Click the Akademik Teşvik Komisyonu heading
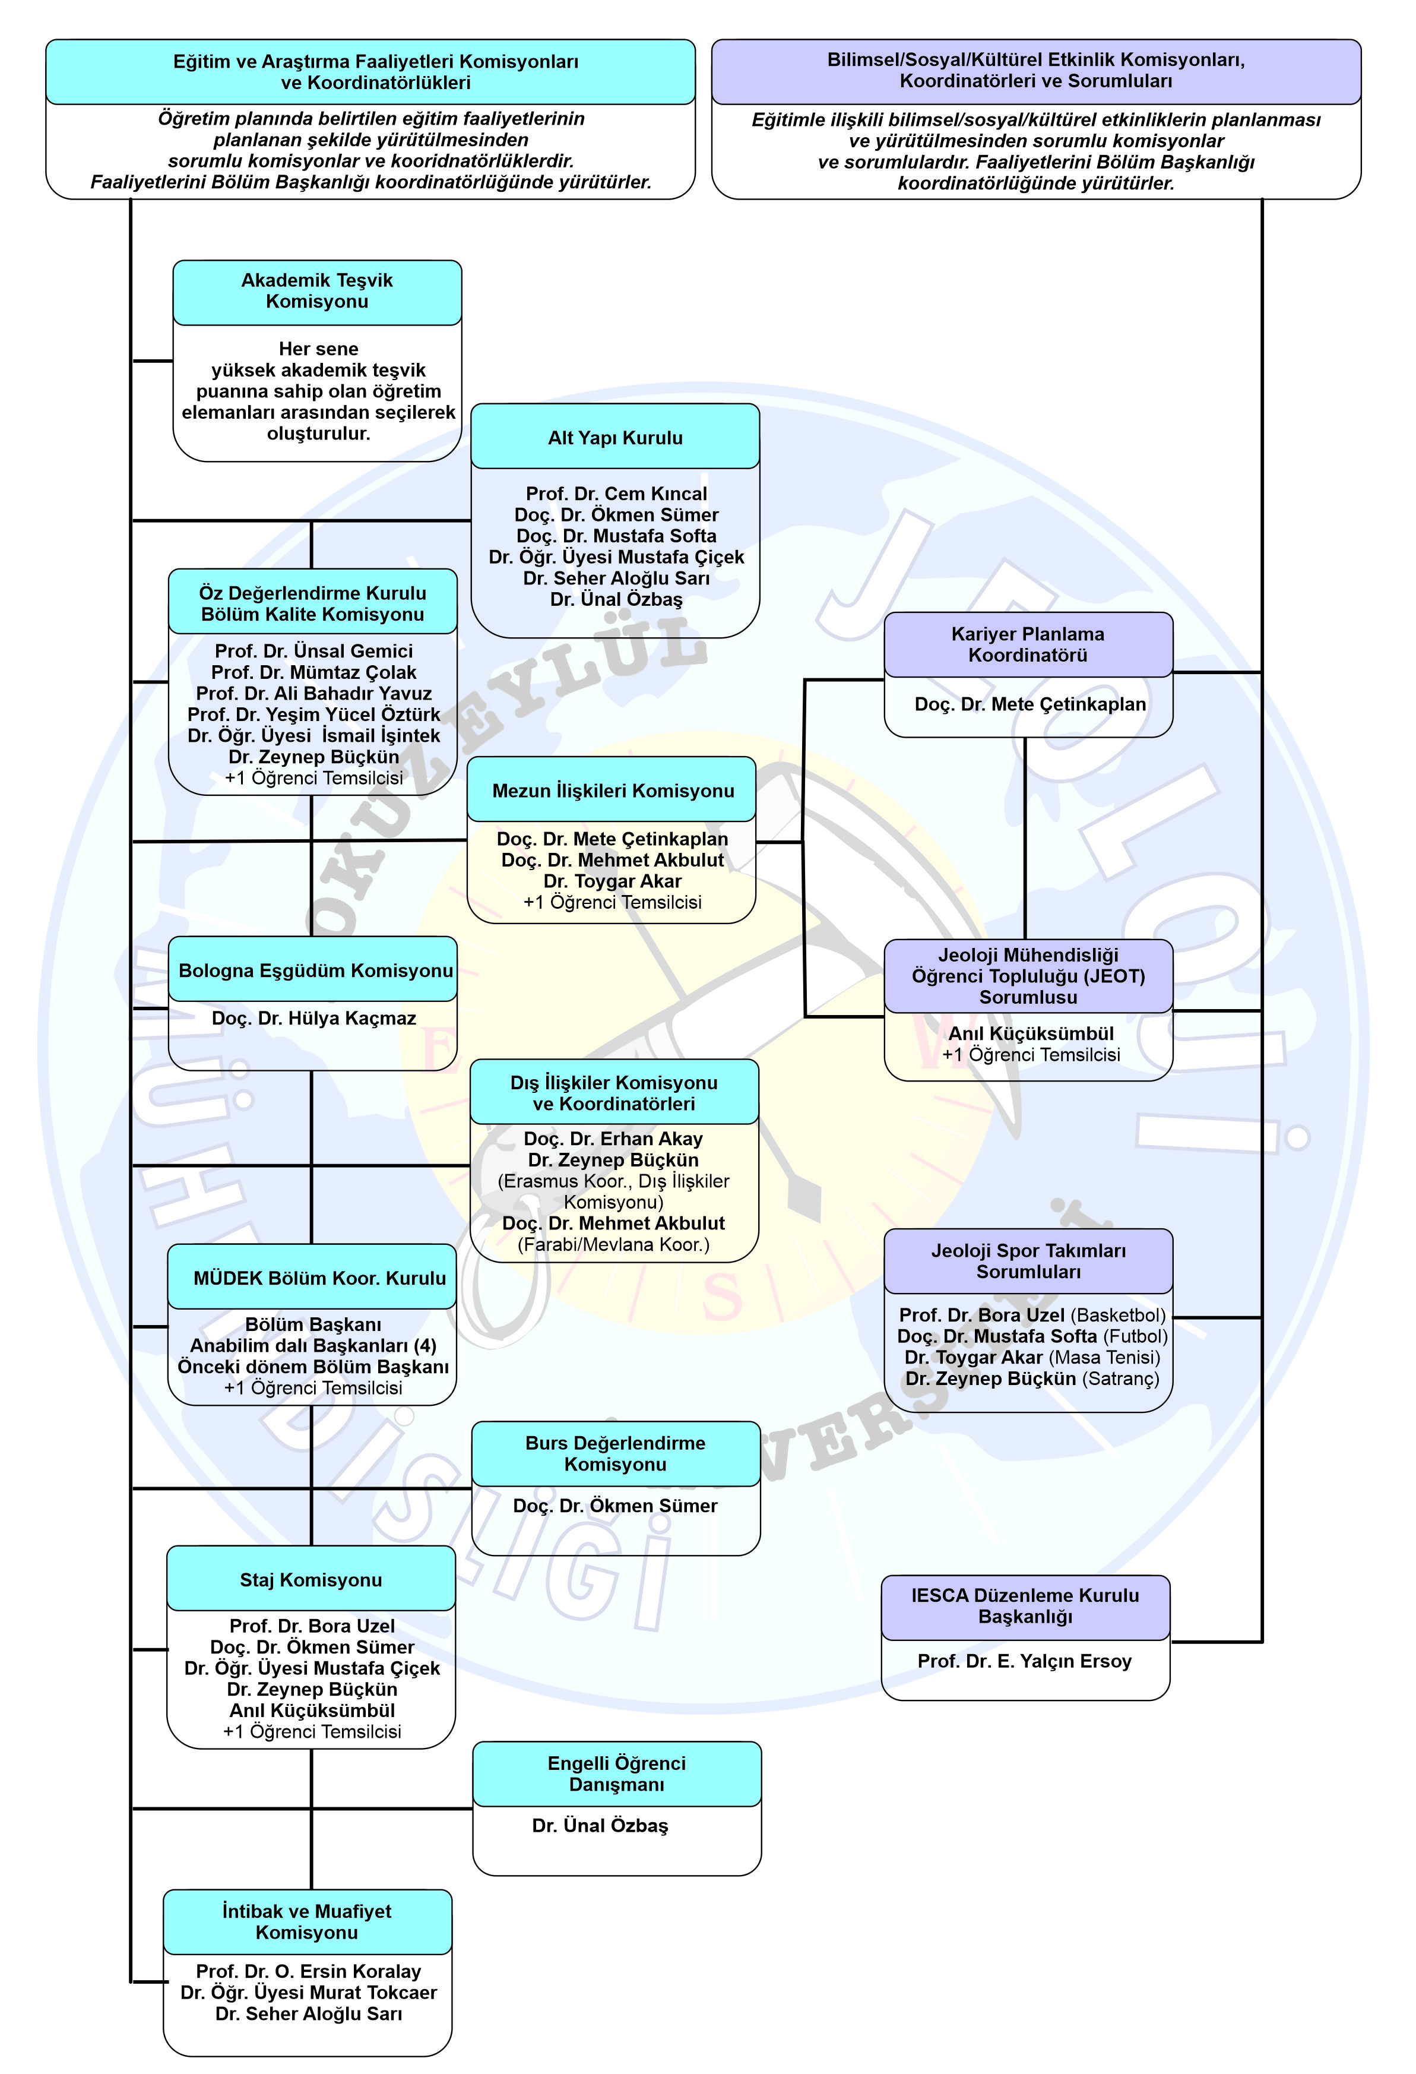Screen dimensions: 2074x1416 coord(317,291)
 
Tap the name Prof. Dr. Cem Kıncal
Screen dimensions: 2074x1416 coord(616,494)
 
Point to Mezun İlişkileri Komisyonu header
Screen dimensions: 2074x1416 coord(613,791)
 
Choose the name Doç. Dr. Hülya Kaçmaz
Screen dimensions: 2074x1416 coord(313,1018)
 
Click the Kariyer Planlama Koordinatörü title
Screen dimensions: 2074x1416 coord(1027,644)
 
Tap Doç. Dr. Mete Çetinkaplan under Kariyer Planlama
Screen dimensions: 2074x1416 coord(1029,704)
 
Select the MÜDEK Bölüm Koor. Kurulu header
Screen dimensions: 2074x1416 coord(319,1278)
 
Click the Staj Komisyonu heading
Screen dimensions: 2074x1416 coord(311,1580)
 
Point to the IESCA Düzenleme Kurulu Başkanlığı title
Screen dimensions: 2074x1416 coord(1025,1605)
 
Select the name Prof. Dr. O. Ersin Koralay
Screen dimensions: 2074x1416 coord(308,1971)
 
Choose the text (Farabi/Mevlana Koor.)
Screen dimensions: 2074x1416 coord(613,1244)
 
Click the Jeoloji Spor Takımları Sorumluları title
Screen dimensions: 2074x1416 coord(1028,1261)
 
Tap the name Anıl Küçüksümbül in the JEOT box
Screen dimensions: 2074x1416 coord(1031,1033)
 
